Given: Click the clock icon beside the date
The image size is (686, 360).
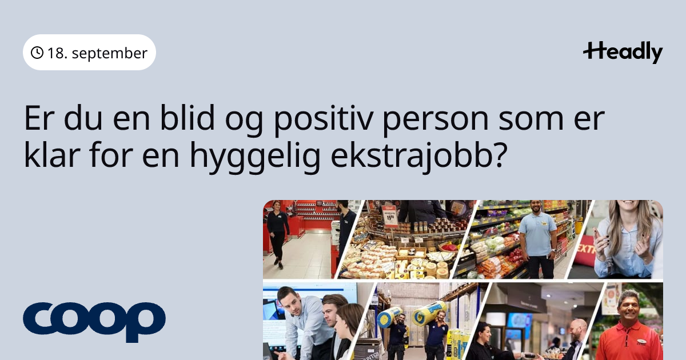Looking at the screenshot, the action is click(x=37, y=53).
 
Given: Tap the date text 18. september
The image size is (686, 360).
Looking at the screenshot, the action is click(x=97, y=53).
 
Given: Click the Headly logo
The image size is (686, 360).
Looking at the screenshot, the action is click(x=623, y=53).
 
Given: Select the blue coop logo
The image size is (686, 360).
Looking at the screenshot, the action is click(x=94, y=322).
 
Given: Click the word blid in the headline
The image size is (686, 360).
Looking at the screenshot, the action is click(x=187, y=118).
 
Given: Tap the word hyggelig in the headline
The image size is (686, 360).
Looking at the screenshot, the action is click(x=255, y=157).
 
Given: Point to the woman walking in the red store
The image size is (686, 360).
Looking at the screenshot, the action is click(x=277, y=234).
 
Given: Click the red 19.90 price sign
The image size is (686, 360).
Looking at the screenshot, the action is click(x=390, y=215).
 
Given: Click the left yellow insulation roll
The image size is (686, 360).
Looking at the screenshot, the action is click(x=389, y=316).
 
